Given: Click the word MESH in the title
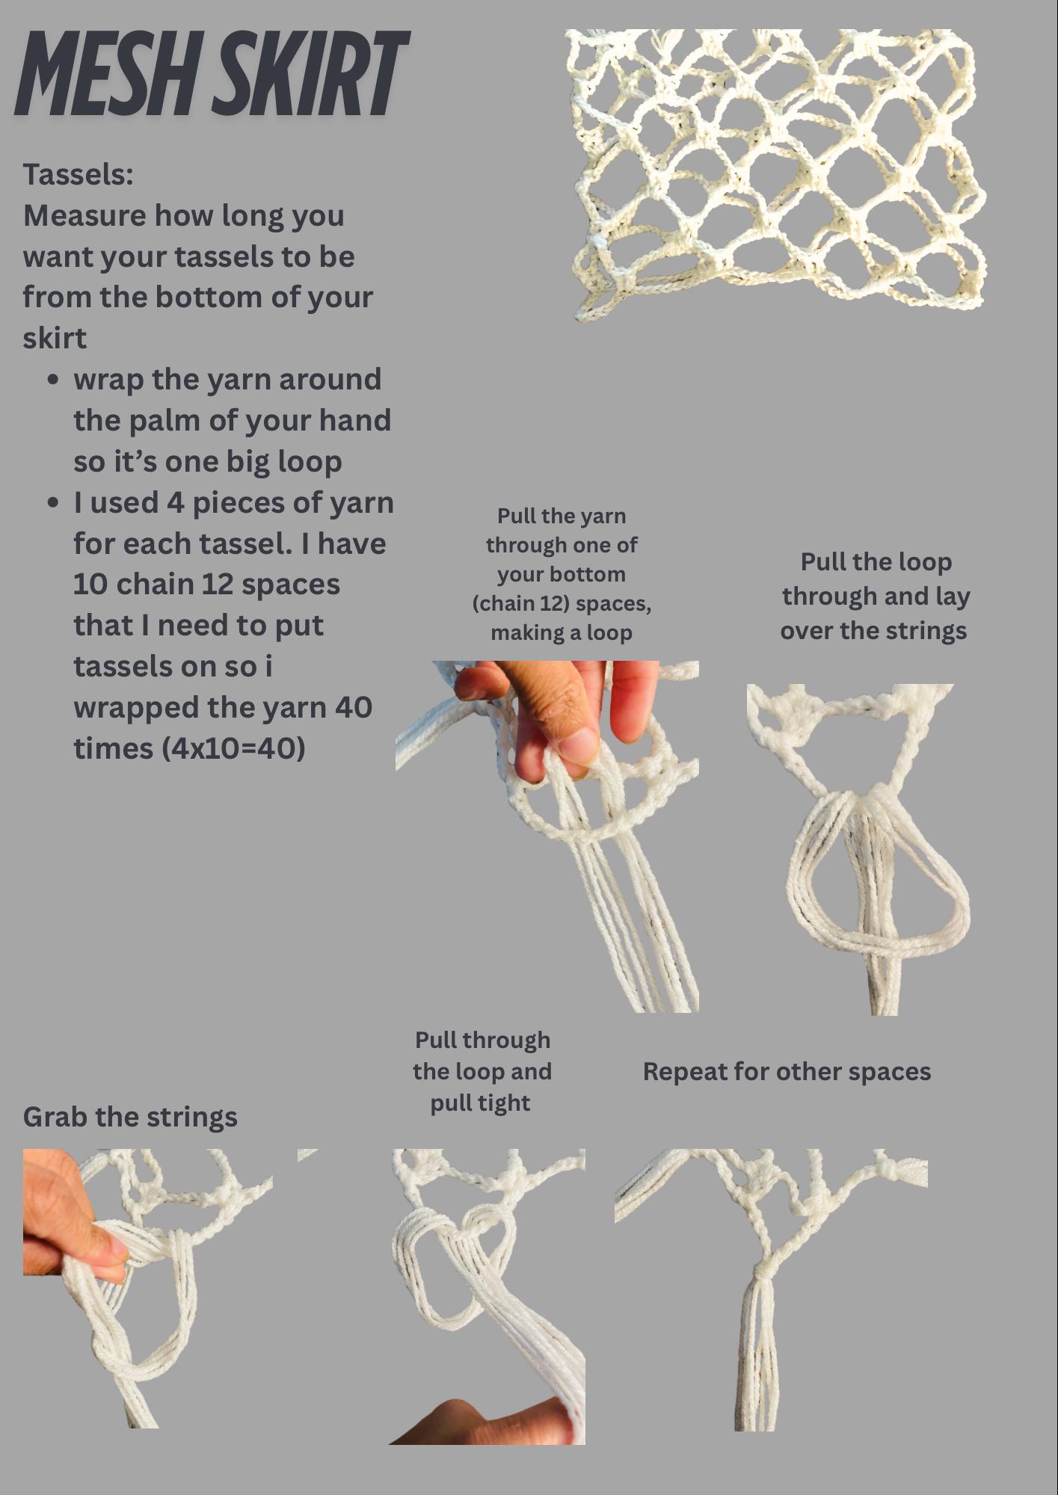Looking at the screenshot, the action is [x=104, y=74].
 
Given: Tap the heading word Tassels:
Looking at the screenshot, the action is [x=79, y=174].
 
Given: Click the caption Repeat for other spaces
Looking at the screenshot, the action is [x=787, y=1071].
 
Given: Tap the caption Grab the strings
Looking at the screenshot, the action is [x=130, y=1117].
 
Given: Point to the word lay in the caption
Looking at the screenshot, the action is [x=952, y=597].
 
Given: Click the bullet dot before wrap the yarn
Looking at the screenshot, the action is [x=52, y=380].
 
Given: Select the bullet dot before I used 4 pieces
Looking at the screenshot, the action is [x=52, y=503].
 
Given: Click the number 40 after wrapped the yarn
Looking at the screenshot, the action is [x=353, y=707].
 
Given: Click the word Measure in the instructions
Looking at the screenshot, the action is [x=84, y=216].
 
